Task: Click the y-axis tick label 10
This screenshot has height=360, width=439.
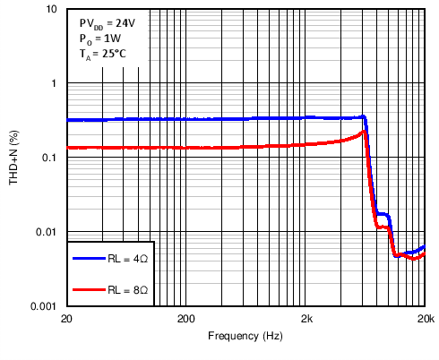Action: [52, 10]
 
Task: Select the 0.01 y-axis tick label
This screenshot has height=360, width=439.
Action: [48, 232]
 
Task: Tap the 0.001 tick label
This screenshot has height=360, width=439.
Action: [46, 306]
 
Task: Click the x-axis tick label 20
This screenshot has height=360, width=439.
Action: [66, 320]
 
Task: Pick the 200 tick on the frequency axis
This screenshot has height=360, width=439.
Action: [185, 320]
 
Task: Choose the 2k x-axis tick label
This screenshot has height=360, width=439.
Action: [306, 320]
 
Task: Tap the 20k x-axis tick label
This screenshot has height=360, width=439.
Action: [426, 320]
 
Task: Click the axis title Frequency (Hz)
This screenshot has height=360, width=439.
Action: [245, 337]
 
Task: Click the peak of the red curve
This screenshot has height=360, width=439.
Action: [364, 132]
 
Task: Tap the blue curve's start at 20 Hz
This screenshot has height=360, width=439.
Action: [67, 120]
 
